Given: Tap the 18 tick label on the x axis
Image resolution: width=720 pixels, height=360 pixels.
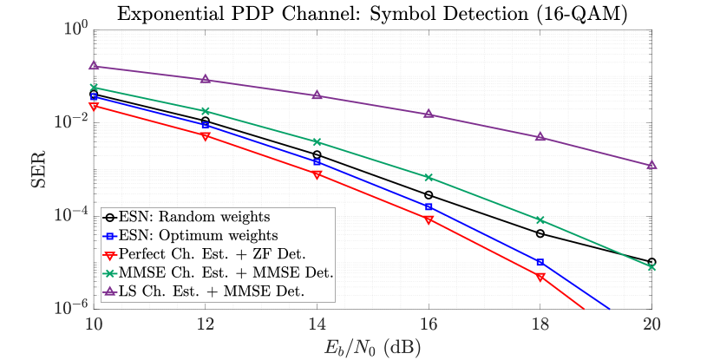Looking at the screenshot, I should pos(540,322).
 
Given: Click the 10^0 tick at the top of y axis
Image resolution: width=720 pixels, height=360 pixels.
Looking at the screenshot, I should pos(73,29).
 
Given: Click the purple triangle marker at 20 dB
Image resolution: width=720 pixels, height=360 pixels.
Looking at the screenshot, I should pos(651,165).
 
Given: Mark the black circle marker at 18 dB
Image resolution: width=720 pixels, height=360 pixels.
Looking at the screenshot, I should pos(540,233).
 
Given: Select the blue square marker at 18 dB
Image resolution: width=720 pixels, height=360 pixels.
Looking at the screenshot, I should pos(540,262).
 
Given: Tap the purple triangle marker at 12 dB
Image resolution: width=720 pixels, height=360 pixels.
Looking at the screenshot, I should pos(206,79).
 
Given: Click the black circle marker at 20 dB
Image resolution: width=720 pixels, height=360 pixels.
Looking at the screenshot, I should pos(651,261).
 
